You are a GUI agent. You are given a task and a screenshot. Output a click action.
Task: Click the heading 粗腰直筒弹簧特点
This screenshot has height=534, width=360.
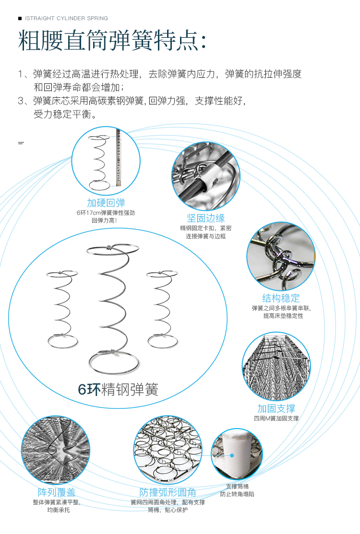click(x=113, y=40)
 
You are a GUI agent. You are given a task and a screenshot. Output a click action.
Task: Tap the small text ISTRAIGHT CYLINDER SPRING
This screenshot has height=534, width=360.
click(x=66, y=19)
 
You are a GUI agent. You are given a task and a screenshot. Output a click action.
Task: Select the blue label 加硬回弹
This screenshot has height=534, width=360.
click(x=106, y=203)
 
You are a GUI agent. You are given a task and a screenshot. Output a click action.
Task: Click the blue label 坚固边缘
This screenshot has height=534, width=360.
click(x=205, y=218)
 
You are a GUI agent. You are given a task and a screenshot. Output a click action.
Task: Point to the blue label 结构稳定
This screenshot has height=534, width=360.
click(x=281, y=298)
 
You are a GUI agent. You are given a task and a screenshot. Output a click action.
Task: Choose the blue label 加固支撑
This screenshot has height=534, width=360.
click(x=276, y=408)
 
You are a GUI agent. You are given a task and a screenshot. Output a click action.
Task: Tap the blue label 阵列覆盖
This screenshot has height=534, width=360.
click(x=57, y=492)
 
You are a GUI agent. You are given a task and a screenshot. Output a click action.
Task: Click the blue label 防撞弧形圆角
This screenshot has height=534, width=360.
click(x=168, y=492)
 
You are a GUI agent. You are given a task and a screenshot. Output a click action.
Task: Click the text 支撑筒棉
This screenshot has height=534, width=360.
click(x=237, y=486)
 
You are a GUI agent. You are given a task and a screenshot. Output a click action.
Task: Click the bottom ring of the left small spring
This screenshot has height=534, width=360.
click(x=62, y=341)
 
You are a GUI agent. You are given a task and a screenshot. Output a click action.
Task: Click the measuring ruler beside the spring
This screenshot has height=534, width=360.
click(x=117, y=158)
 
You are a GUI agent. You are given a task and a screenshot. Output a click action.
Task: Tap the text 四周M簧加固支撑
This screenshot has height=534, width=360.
click(x=276, y=418)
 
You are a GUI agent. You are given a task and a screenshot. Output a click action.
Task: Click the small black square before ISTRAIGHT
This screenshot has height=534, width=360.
click(x=20, y=19)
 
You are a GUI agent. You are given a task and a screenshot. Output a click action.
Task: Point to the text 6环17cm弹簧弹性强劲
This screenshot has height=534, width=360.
click(x=106, y=212)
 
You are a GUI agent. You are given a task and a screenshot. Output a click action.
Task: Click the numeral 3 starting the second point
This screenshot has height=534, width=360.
click(x=21, y=101)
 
